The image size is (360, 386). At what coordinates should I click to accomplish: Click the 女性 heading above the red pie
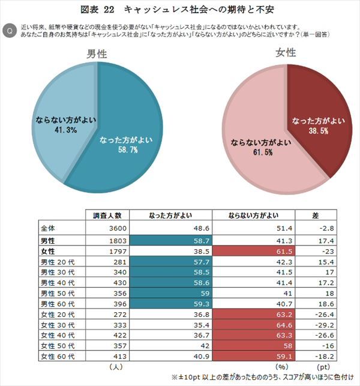click(287, 53)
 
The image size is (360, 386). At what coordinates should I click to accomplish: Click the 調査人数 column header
click(107, 215)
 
